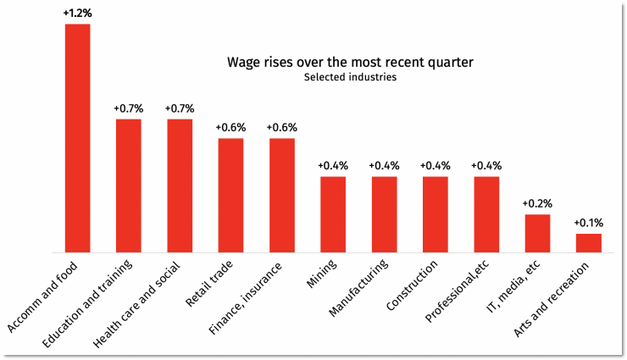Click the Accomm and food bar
[x=78, y=138]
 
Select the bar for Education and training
[x=129, y=186]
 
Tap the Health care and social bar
[x=180, y=186]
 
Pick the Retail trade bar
[x=231, y=195]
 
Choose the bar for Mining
[x=333, y=214]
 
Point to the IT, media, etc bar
[x=537, y=233]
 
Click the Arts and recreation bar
[x=589, y=243]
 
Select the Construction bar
[x=436, y=214]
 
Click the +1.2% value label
[x=78, y=14]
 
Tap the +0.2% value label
[x=537, y=204]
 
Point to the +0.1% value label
[x=589, y=223]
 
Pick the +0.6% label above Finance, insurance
[x=282, y=128]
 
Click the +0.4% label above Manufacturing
[x=384, y=166]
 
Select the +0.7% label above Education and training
[x=129, y=108]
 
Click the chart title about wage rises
[x=350, y=63]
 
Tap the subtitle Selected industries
[x=350, y=78]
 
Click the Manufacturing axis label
[x=361, y=291]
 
